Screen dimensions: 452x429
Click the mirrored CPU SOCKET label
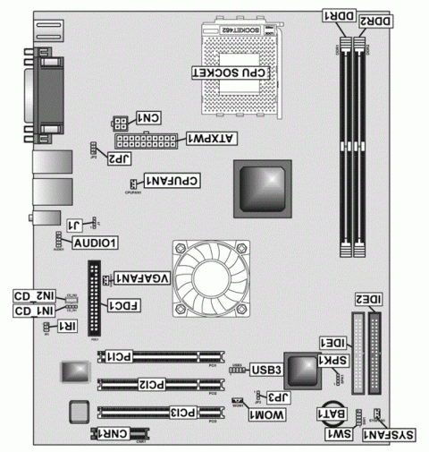(x=231, y=72)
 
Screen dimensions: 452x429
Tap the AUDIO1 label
(x=97, y=243)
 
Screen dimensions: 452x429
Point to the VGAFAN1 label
(x=142, y=278)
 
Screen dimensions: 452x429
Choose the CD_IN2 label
(x=34, y=294)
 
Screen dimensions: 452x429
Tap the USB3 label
(x=266, y=369)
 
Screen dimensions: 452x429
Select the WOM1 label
(x=266, y=418)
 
